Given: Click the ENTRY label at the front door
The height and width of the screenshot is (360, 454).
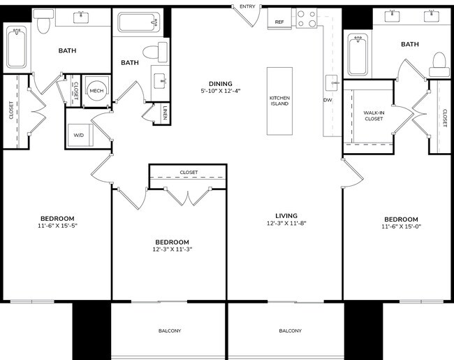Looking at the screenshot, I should pyautogui.click(x=247, y=6).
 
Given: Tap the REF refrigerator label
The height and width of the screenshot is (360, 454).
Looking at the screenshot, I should pyautogui.click(x=279, y=22).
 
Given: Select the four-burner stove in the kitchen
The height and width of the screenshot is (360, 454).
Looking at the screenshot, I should pyautogui.click(x=305, y=18).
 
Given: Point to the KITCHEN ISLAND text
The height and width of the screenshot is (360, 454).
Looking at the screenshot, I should pyautogui.click(x=279, y=101).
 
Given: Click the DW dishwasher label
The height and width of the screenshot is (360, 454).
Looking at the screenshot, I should pyautogui.click(x=328, y=100).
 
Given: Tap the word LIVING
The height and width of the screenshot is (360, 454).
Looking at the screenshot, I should pyautogui.click(x=286, y=215).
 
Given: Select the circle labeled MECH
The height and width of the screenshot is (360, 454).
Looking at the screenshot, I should pyautogui.click(x=96, y=91).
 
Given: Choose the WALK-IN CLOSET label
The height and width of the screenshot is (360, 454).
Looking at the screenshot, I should pyautogui.click(x=374, y=115).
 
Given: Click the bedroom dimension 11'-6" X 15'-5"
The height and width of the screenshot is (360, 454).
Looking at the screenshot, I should pyautogui.click(x=57, y=226).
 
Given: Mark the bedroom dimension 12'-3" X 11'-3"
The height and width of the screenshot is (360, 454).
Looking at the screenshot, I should pyautogui.click(x=173, y=249).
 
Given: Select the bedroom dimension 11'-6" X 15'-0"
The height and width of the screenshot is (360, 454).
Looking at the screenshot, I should pyautogui.click(x=401, y=226).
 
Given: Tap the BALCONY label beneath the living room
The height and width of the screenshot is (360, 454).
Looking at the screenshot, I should pyautogui.click(x=290, y=331).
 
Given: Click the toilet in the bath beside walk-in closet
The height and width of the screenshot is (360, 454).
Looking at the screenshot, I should pyautogui.click(x=439, y=64).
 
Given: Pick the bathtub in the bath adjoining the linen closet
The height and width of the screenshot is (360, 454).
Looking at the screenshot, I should pyautogui.click(x=140, y=22).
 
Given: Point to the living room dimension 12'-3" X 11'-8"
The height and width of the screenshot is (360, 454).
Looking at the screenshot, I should pyautogui.click(x=286, y=224).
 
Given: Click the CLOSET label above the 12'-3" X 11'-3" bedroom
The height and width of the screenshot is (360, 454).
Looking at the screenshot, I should pyautogui.click(x=189, y=172).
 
